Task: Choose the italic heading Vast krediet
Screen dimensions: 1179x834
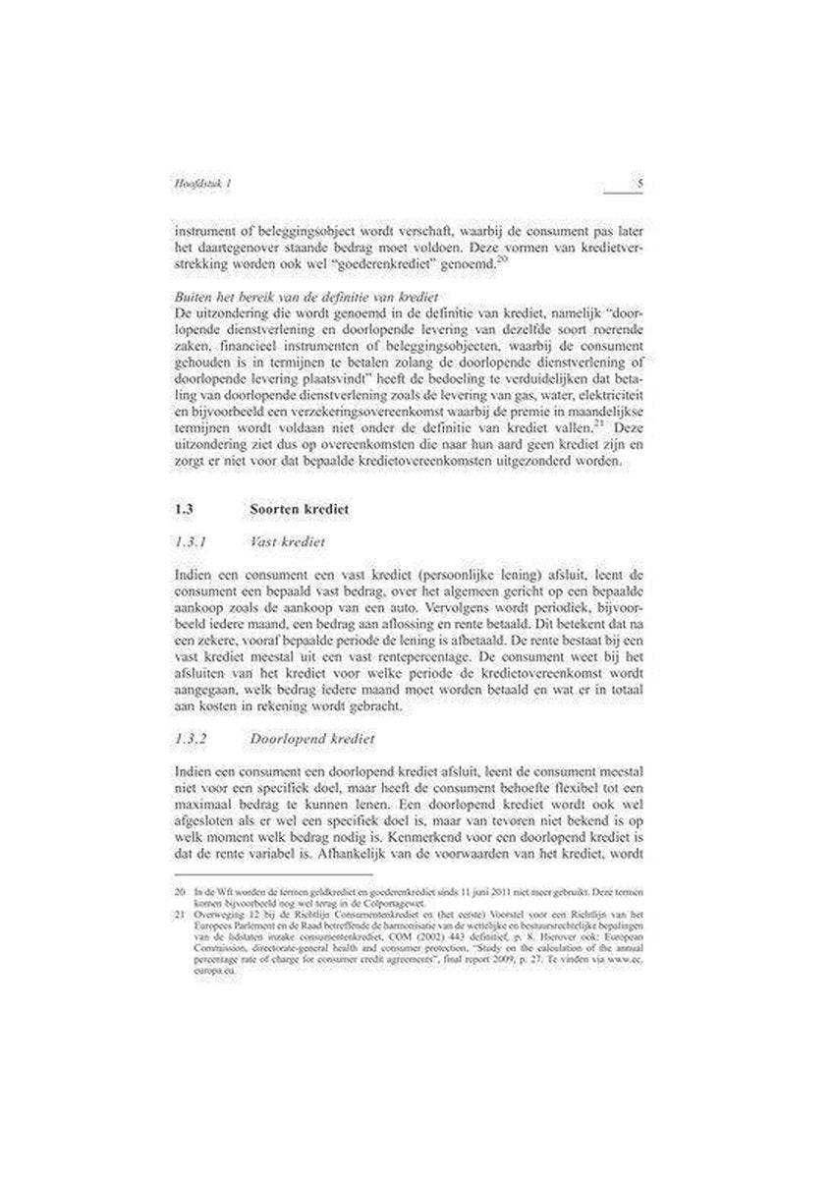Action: [288, 541]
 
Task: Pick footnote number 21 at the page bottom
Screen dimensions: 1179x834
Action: [178, 913]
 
